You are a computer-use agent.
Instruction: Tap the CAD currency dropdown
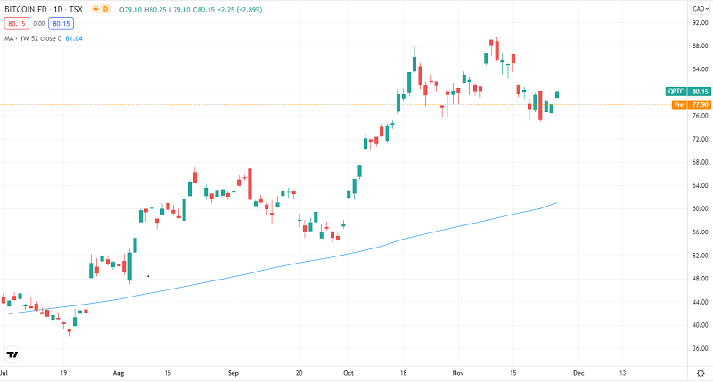pos(699,8)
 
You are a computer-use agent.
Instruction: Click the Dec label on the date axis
pos(578,374)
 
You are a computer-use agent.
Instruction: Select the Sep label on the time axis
pos(233,374)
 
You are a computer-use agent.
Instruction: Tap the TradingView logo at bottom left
pos(12,353)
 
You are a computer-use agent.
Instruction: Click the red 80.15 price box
pos(17,24)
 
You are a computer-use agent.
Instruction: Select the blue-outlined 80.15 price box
pos(61,24)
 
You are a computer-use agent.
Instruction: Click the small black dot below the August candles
pos(147,276)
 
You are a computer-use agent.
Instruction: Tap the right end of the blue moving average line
pos(556,203)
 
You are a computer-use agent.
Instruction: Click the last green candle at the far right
pos(557,93)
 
